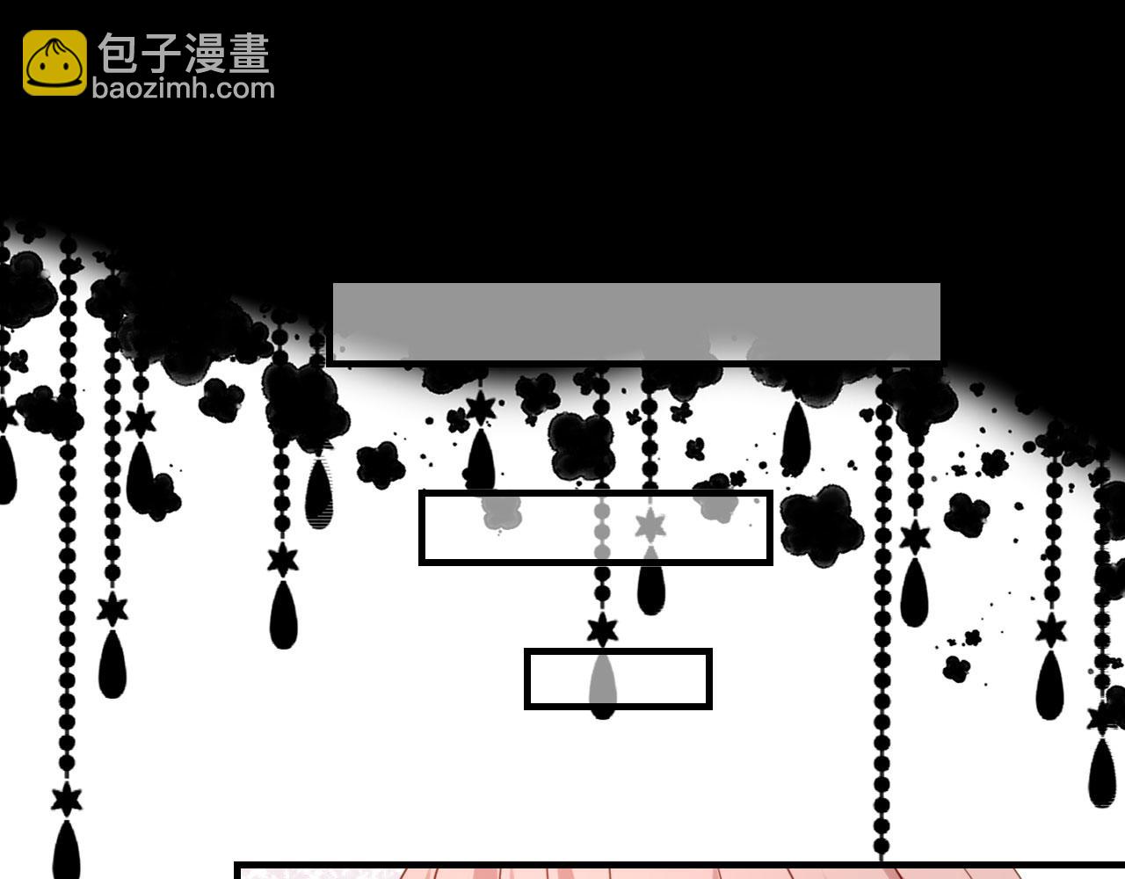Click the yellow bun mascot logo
tap(54, 62)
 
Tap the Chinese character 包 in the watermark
tap(118, 53)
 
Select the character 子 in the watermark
tap(161, 53)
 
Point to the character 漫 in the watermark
tap(205, 53)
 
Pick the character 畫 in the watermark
tap(249, 53)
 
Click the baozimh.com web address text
tap(184, 89)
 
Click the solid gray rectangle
tap(636, 321)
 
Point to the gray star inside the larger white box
tap(650, 526)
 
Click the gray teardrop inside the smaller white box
tap(603, 679)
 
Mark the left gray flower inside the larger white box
tap(501, 512)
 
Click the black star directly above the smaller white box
tap(602, 630)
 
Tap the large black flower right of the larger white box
tap(821, 526)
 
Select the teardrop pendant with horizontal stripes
tap(319, 493)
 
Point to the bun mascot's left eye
tap(43, 67)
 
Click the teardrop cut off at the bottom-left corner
tap(66, 850)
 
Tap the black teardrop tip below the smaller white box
tap(603, 715)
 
